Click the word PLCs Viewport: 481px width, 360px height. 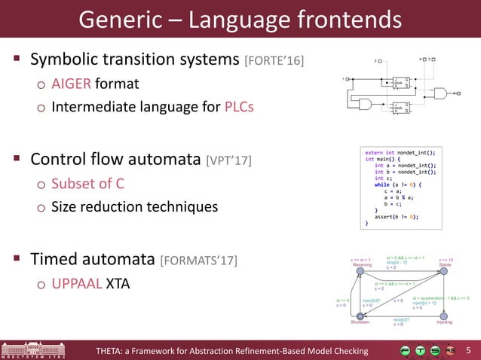tap(239, 106)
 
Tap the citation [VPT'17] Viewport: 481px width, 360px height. tap(228, 160)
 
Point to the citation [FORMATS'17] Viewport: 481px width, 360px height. tap(198, 261)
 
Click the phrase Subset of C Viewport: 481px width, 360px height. tap(88, 184)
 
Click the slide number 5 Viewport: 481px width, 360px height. tap(468, 350)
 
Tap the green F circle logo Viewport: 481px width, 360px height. tap(406, 350)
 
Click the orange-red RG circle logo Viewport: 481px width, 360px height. tap(450, 350)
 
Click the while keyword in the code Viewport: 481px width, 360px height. tap(382, 184)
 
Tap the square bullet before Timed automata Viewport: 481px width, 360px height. tap(15, 261)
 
